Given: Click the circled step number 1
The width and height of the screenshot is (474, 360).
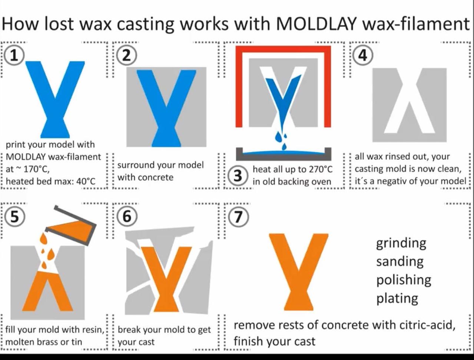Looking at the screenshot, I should pos(14,55).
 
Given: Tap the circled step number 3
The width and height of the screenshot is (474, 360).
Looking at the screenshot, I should pos(238,175).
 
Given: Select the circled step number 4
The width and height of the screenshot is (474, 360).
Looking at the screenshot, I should pos(362,55).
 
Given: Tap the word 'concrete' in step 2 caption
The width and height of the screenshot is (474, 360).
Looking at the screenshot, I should pos(155,177).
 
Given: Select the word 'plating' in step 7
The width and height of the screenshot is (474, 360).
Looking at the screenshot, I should pos(397,298).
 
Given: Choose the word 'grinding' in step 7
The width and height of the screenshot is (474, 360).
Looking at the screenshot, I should pos(401,243).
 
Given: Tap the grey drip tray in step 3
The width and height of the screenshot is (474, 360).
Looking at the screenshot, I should pos(284,154).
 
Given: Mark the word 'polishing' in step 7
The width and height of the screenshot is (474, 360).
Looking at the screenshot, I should pos(404,280).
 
